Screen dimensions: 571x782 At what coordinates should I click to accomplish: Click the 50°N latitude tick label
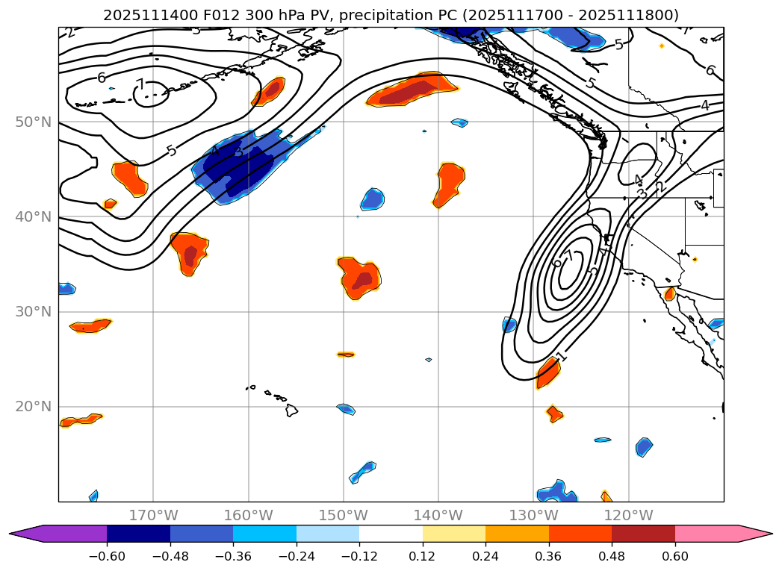tap(33, 122)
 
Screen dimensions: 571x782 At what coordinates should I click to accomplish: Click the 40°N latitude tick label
tap(33, 216)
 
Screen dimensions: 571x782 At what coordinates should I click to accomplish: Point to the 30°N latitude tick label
tap(33, 311)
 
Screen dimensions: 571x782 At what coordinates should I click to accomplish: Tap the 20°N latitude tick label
tap(33, 406)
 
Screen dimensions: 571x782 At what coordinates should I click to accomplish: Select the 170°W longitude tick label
tap(153, 515)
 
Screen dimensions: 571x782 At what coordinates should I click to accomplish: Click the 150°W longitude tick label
tap(344, 515)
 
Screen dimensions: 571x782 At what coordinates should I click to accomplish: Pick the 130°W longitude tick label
tap(533, 515)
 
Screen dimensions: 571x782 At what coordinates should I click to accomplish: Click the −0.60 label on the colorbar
tap(107, 556)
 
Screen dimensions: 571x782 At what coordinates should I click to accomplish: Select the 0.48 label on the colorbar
tap(612, 556)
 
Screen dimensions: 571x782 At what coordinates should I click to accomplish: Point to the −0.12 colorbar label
tap(359, 556)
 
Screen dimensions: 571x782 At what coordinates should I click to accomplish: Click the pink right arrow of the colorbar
tap(754, 534)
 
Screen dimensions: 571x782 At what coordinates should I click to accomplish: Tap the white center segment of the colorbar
tap(391, 534)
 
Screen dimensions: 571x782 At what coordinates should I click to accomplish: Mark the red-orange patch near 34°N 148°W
tap(360, 278)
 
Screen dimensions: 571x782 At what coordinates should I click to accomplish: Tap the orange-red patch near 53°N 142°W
tap(413, 90)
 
